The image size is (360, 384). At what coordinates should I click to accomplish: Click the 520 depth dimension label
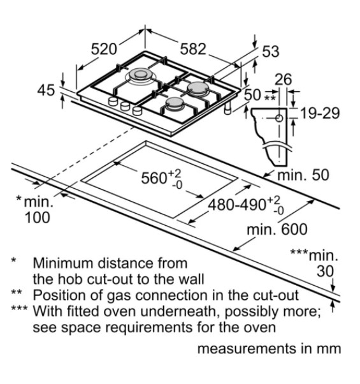[104, 49]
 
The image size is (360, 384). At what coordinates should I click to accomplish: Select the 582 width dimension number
[193, 49]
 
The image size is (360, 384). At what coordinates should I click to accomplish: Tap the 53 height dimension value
[271, 52]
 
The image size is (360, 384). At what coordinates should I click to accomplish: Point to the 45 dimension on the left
[46, 90]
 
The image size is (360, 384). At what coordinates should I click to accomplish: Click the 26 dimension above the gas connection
[284, 79]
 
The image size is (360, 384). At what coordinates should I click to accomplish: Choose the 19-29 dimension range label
[320, 114]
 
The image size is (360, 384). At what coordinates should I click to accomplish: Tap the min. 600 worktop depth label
[277, 230]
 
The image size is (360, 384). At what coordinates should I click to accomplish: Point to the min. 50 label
[303, 175]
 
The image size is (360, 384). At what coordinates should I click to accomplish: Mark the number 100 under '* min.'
[38, 218]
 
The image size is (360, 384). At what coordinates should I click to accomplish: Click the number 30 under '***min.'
[326, 271]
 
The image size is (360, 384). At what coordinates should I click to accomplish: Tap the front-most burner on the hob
[175, 103]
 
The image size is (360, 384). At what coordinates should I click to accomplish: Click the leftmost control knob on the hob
[113, 101]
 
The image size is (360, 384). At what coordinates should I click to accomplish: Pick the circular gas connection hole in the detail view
[279, 118]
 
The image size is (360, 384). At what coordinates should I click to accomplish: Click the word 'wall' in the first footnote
[193, 279]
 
